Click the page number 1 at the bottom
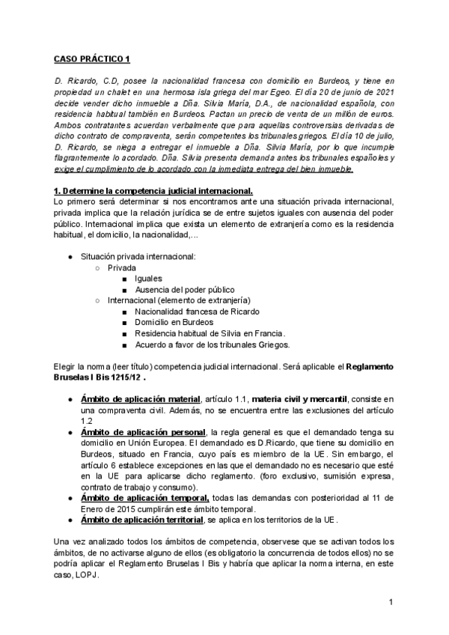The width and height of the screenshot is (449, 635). (391, 602)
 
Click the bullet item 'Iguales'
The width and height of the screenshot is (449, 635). (149, 278)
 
